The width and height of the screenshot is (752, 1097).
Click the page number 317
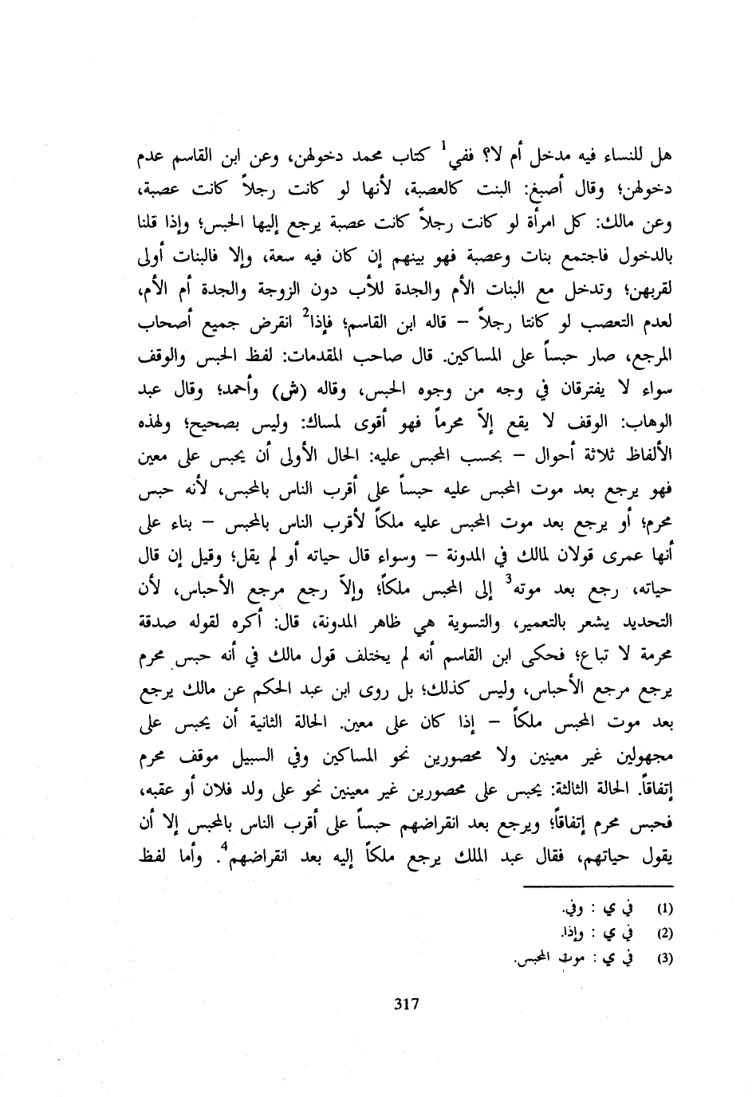(x=407, y=1003)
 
